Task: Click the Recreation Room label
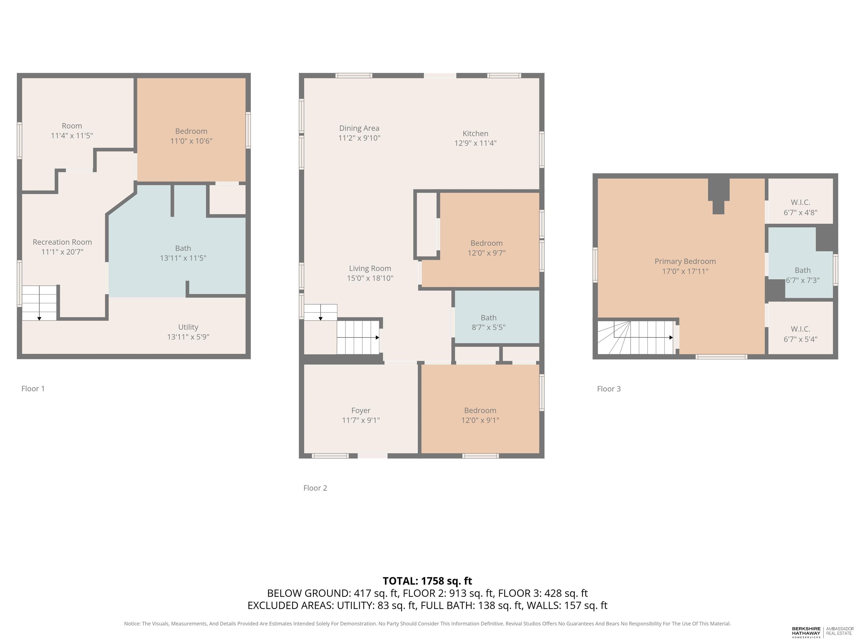pyautogui.click(x=62, y=242)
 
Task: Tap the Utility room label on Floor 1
pyautogui.click(x=188, y=327)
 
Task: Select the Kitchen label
pyautogui.click(x=475, y=134)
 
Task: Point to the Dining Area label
pyautogui.click(x=359, y=128)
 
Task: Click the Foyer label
pyautogui.click(x=361, y=411)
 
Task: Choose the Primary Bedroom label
pyautogui.click(x=685, y=262)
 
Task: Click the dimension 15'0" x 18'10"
pyautogui.click(x=370, y=278)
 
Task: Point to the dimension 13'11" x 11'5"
pyautogui.click(x=183, y=258)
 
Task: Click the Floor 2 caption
pyautogui.click(x=315, y=488)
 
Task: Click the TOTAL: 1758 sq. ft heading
pyautogui.click(x=427, y=581)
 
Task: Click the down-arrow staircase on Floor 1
pyautogui.click(x=40, y=303)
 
